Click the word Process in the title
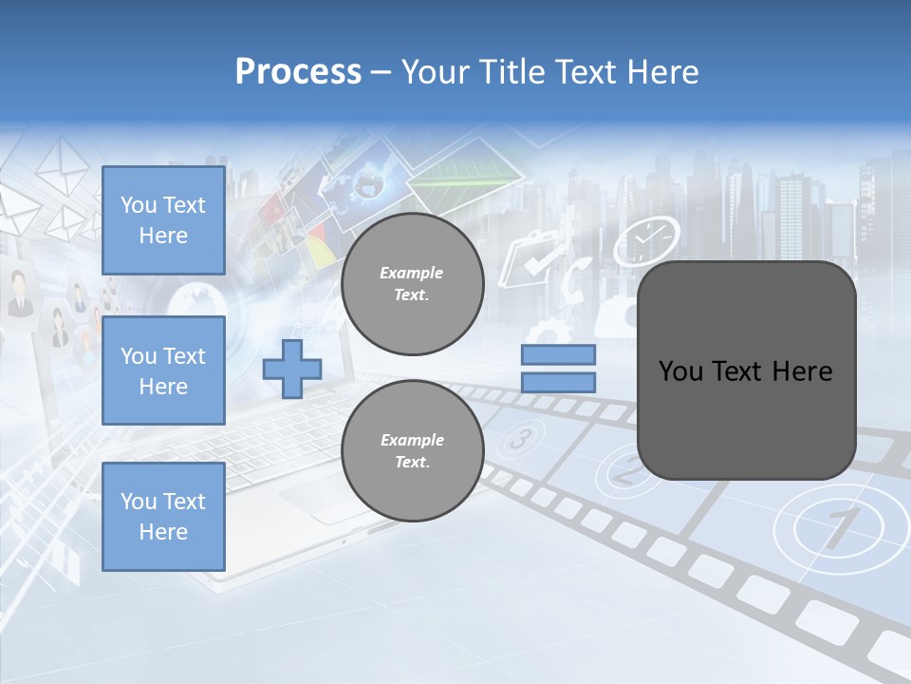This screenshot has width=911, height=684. [298, 72]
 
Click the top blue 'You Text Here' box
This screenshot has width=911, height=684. [163, 220]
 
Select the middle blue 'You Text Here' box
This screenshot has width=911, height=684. [163, 370]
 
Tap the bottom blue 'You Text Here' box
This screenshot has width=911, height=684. [163, 516]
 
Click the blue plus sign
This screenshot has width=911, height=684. [292, 369]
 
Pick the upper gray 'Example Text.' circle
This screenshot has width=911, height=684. [412, 284]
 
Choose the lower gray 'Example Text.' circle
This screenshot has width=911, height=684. [412, 451]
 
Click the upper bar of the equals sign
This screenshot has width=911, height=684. [558, 355]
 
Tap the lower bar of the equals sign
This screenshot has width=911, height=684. [558, 383]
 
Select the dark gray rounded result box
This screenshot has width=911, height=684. [746, 370]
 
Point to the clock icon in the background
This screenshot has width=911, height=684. [646, 240]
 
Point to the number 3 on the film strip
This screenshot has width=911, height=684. [519, 439]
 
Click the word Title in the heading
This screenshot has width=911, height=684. [513, 72]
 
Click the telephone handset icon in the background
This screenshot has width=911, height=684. [574, 282]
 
